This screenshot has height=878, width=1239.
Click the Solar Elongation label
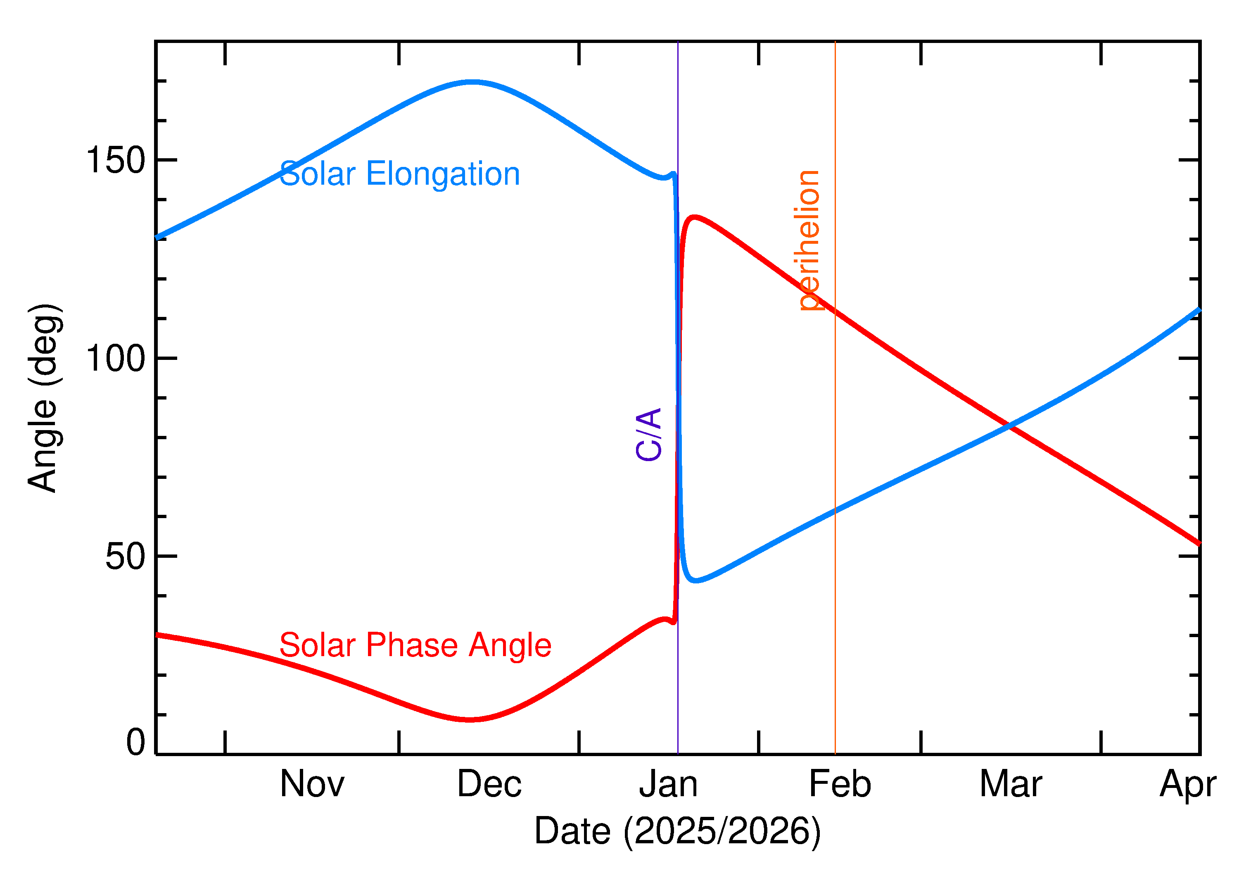point(399,174)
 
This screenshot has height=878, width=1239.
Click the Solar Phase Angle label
point(415,645)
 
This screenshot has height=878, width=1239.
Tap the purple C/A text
point(649,434)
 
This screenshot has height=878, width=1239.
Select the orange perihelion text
point(809,240)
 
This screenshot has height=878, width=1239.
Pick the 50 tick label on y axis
point(126,556)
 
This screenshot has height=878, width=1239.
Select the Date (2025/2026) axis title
point(677,831)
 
